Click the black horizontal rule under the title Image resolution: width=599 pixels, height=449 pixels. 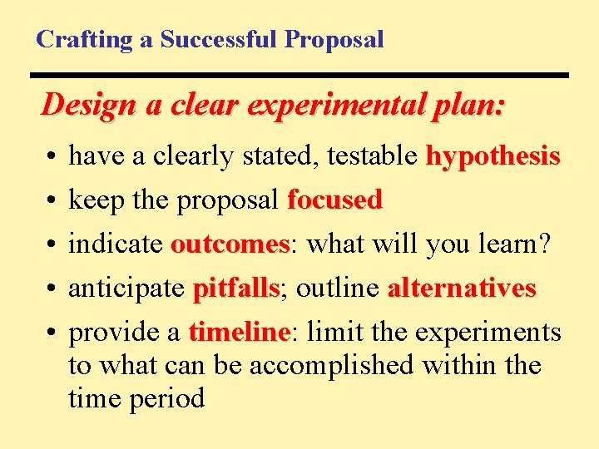pos(302,76)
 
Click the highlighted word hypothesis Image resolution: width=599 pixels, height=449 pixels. pos(493,156)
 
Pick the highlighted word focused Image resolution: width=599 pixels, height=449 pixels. pos(334,200)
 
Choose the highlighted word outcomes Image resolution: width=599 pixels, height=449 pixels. pos(229,244)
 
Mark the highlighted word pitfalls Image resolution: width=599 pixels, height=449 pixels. pos(235,289)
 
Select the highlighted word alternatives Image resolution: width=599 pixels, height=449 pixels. pos(462,289)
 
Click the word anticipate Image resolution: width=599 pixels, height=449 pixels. pos(126,289)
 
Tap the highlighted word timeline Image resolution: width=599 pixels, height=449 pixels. pos(238,333)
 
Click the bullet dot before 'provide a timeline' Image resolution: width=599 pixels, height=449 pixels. pos(52,333)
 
